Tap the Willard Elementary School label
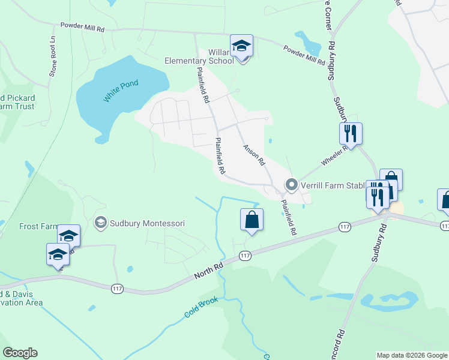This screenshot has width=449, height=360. (199, 56)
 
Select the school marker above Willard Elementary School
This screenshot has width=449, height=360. (241, 46)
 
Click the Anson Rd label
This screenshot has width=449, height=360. (253, 154)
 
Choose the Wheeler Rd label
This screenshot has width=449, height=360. (335, 157)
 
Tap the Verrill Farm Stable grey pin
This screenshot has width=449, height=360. (292, 184)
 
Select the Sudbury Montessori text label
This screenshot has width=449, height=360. (146, 223)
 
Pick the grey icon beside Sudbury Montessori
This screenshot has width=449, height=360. (100, 223)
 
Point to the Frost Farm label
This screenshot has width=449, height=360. (37, 226)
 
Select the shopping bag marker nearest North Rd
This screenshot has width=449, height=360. (252, 220)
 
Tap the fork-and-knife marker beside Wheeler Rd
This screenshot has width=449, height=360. (351, 133)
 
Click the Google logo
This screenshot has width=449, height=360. (20, 353)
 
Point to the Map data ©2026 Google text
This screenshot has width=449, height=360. (412, 355)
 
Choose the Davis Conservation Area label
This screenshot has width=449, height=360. (20, 298)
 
